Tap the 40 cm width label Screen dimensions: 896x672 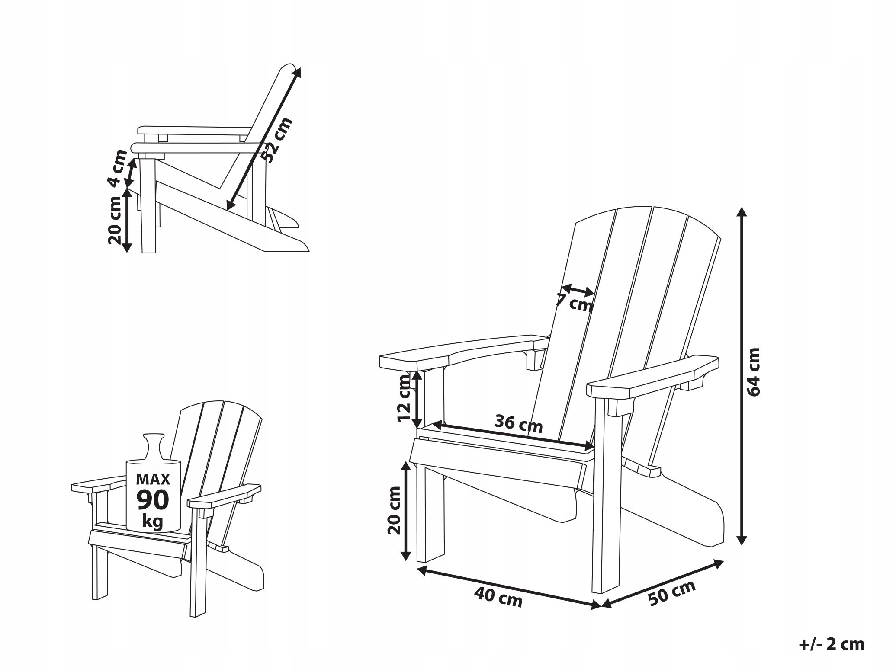tap(498, 597)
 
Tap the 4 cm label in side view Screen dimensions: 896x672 tap(117, 169)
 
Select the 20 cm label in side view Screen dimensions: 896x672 tap(115, 221)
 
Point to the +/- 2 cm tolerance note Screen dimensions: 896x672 tap(831, 644)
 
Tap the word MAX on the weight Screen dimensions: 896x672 tap(153, 479)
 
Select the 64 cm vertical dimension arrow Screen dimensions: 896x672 tap(742, 376)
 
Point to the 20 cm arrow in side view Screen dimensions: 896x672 tap(126, 221)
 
